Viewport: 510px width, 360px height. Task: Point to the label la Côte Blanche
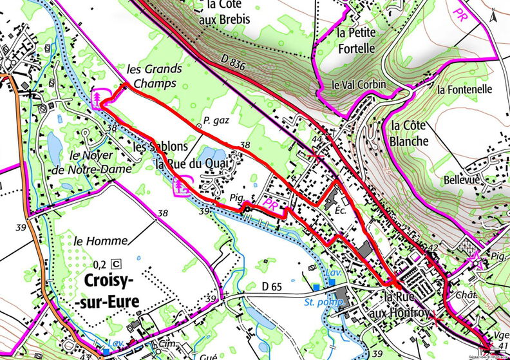[x=409, y=133]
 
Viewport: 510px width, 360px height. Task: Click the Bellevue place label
[x=462, y=181]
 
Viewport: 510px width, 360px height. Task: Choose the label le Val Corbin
[x=359, y=84]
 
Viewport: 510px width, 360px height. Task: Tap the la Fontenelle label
[x=464, y=90]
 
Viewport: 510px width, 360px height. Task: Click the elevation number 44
[x=316, y=139]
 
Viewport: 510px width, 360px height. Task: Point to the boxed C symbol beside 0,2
[x=116, y=263]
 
